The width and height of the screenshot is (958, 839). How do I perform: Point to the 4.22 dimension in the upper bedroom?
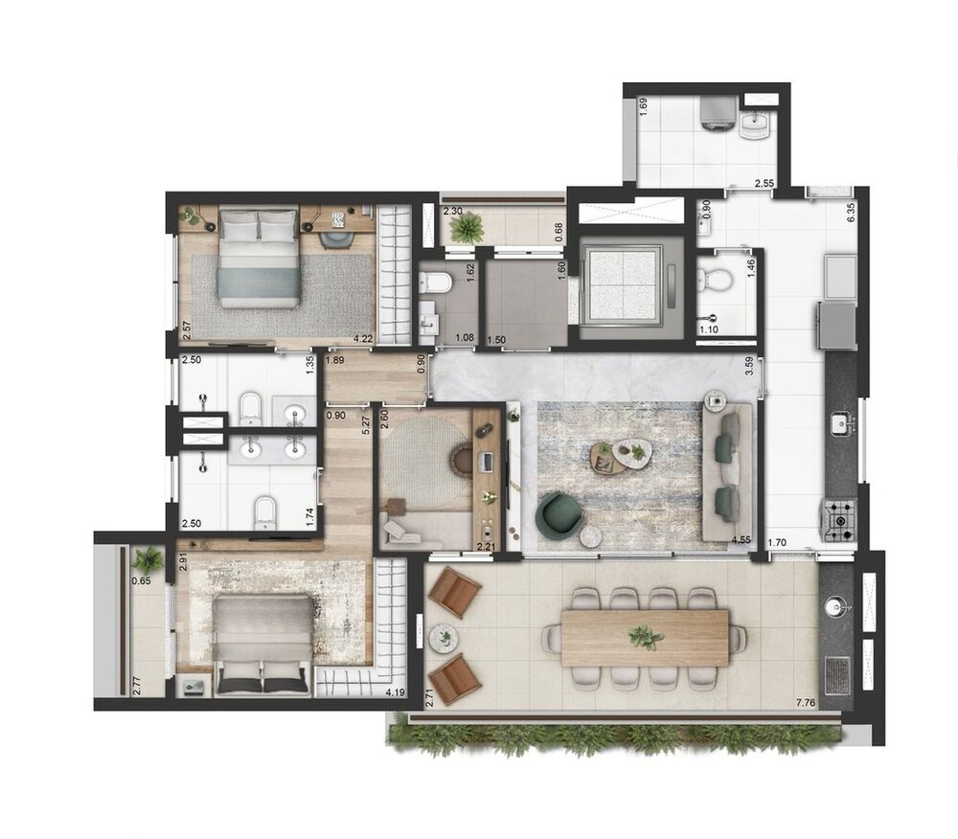click(362, 337)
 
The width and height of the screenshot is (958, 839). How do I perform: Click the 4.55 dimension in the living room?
click(740, 540)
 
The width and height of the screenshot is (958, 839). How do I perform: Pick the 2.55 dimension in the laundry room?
click(764, 182)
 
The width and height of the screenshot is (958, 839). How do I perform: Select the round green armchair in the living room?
click(559, 513)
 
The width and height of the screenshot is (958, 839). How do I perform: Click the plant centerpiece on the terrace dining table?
click(645, 636)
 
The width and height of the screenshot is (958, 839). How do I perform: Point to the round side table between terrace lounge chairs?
click(444, 636)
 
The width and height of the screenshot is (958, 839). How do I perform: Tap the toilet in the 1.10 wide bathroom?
click(716, 279)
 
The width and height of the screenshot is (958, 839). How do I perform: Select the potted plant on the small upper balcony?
click(468, 228)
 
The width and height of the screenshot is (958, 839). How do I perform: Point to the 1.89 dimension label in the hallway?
click(334, 360)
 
